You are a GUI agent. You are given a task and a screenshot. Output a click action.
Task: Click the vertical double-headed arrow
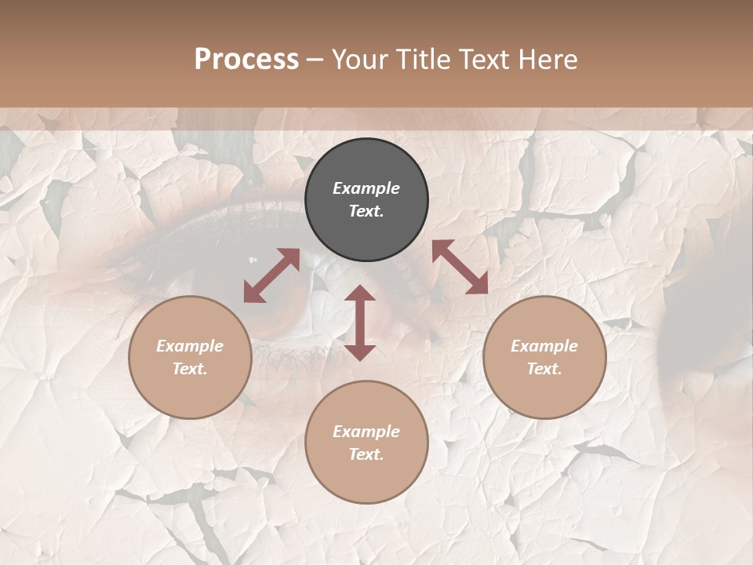[360, 323]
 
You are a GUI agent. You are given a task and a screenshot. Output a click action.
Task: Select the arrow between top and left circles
[271, 275]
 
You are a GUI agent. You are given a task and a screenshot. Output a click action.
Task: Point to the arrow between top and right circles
[460, 267]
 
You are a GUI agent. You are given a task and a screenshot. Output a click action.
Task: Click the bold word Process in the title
[246, 59]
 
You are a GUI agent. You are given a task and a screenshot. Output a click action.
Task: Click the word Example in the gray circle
[366, 188]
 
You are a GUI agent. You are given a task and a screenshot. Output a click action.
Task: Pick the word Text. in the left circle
[190, 369]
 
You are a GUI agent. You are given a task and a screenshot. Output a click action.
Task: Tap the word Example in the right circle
[544, 346]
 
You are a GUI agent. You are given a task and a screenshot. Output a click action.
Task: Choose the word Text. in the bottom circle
[366, 454]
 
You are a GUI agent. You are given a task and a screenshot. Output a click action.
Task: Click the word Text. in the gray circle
[366, 211]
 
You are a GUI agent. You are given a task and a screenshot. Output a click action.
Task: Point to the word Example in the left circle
[190, 346]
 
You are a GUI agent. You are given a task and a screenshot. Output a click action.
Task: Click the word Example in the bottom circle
[366, 432]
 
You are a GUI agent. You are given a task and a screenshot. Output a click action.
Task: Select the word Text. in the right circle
[544, 369]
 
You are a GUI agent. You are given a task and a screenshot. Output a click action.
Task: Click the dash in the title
[315, 60]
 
